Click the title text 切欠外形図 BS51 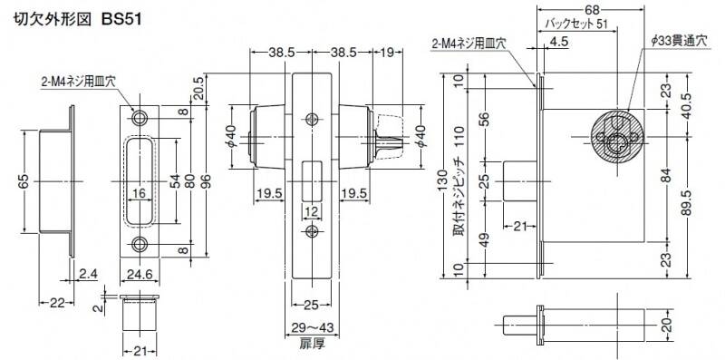point(76,19)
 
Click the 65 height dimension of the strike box point(25,181)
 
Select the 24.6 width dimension point(140,275)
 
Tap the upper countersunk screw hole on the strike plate point(139,118)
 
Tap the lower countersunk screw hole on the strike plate point(139,243)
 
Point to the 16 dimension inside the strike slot point(140,194)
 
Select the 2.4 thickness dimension point(88,275)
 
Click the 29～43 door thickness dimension point(312,327)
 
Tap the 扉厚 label point(311,344)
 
